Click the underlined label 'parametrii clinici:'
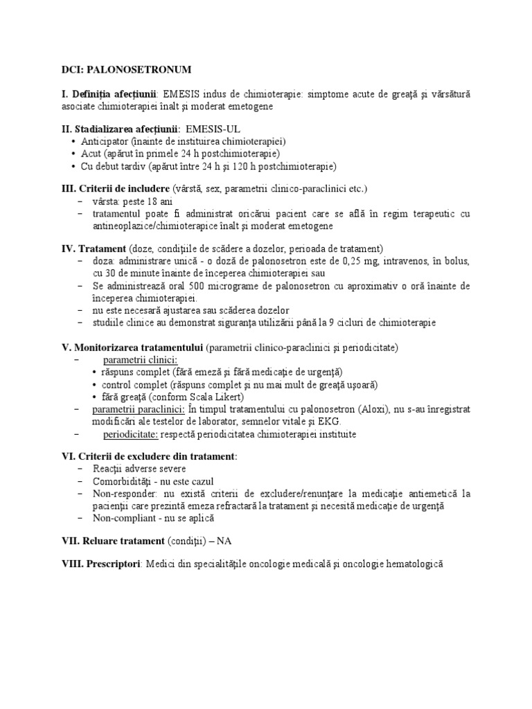tap(141, 359)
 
